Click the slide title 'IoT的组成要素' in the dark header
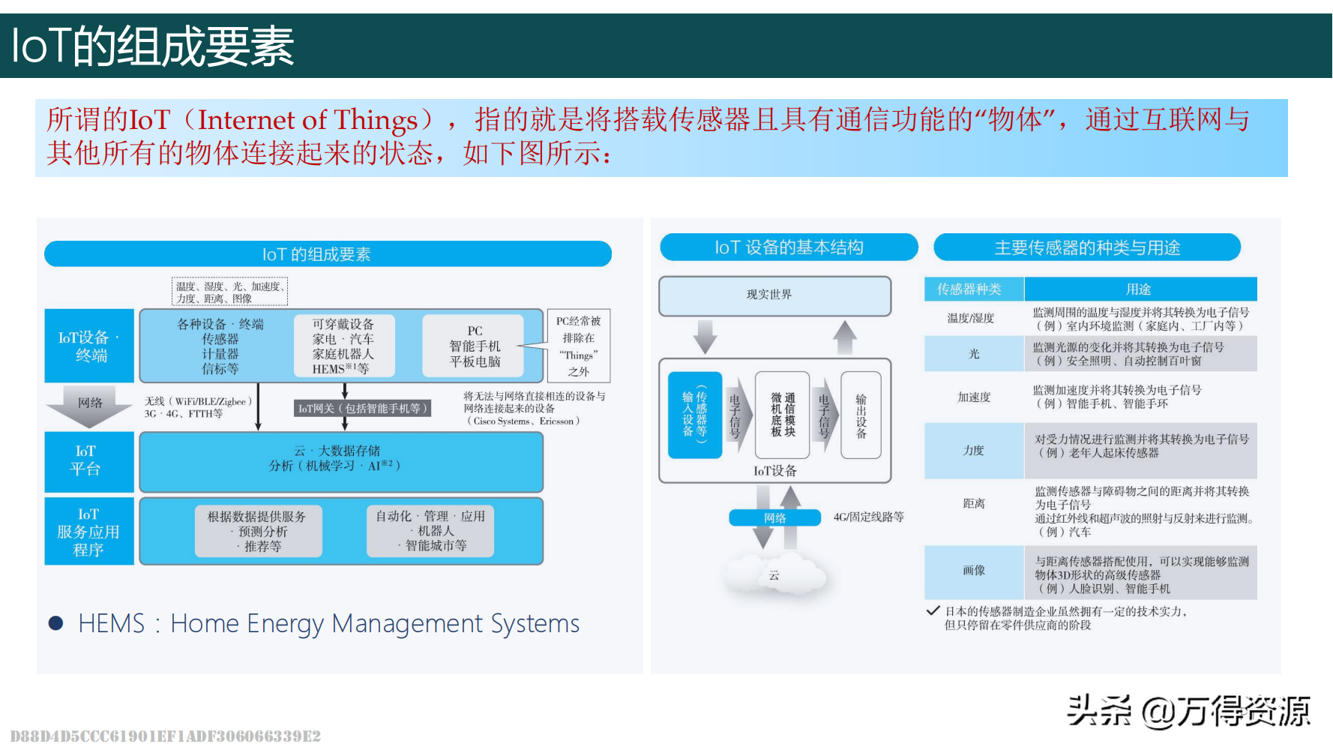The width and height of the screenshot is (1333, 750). coord(153,46)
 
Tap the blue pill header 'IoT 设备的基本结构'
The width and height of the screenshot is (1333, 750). coord(789,247)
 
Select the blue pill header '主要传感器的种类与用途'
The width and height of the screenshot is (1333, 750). coord(1086,247)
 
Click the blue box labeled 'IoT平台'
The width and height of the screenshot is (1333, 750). coord(88,460)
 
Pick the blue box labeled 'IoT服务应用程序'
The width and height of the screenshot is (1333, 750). coord(88,531)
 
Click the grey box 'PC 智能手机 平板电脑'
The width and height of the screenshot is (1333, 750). coord(474,346)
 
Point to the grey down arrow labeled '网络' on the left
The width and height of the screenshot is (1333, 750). coord(90,406)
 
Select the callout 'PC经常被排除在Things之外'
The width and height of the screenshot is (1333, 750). coord(578,346)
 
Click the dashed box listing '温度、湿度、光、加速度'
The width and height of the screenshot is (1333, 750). coord(229,292)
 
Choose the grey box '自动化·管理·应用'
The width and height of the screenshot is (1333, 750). coord(430,531)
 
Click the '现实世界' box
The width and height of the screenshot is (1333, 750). coord(774,295)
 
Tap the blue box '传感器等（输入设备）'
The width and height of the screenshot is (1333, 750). coord(694,415)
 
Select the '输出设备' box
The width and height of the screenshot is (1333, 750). coord(861,415)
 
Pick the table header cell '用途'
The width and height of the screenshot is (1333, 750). coord(1139,289)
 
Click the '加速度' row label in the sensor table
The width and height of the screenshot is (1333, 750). coord(973,397)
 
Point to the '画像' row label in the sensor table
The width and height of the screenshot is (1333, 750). coord(973,571)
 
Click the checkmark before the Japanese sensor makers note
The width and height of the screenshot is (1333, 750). coord(933,610)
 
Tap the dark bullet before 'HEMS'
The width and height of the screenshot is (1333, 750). coord(55,623)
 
